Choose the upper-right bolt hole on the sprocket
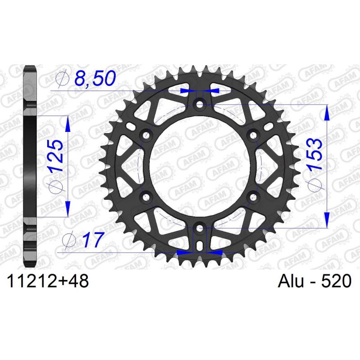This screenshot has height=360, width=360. [252, 135]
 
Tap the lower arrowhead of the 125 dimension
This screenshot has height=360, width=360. [67, 208]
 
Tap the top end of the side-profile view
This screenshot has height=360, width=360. [29, 69]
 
